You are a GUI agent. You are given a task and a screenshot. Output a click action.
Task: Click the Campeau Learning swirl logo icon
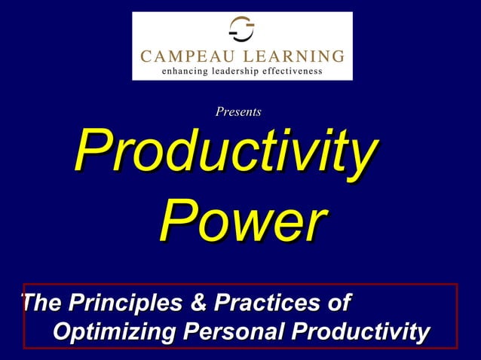(x=242, y=29)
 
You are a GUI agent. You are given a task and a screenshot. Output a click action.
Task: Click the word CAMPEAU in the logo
(x=184, y=56)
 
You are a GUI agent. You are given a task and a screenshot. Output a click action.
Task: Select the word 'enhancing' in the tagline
(x=185, y=72)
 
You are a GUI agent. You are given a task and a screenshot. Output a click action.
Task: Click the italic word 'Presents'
(x=238, y=112)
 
